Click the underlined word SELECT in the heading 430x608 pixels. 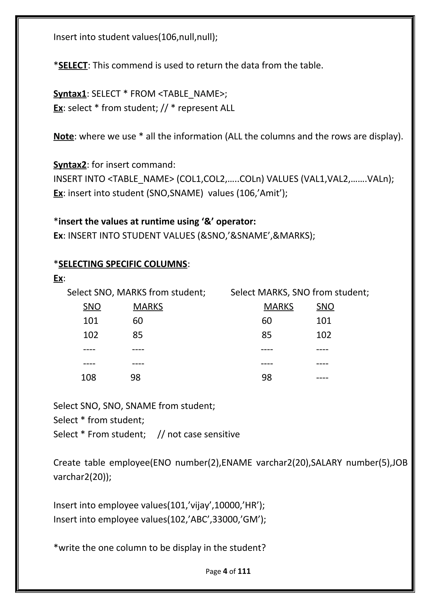73,65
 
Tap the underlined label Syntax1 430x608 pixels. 70,94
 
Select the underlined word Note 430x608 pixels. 64,136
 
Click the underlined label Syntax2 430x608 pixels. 70,165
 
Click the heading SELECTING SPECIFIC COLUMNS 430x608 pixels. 123,264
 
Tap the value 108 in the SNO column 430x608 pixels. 88,377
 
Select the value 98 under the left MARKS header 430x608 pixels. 135,377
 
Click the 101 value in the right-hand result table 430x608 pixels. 324,321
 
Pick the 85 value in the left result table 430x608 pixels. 138,335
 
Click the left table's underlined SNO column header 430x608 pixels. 92,307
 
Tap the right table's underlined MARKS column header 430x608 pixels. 278,307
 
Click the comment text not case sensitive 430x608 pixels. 203,434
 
